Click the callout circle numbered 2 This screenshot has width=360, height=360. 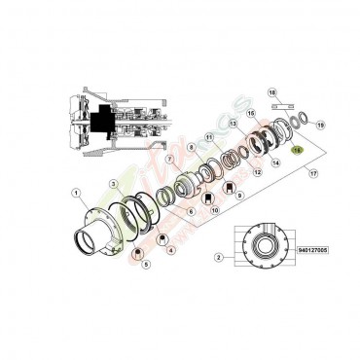pos(219,258)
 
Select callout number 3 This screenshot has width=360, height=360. pos(112,183)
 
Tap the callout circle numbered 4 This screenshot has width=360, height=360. pos(171,249)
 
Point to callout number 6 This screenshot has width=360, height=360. pos(191,210)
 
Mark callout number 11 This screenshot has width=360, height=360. pos(208,139)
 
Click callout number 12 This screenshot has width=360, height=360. pos(257,172)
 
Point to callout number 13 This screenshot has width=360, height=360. pos(234,126)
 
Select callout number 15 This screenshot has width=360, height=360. pos(250,114)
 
